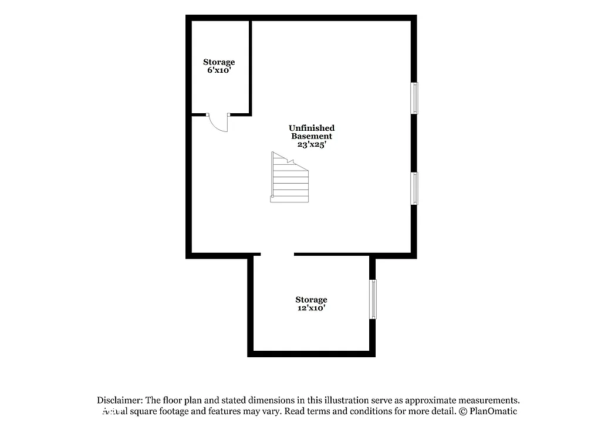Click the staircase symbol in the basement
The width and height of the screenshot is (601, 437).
(289, 178)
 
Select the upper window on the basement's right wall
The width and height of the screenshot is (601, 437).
(414, 97)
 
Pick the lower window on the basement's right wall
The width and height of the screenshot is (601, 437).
(414, 188)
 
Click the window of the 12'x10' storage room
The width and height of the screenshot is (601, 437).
(373, 299)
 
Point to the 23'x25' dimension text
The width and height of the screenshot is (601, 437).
(311, 144)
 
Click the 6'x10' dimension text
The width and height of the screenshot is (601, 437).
(219, 70)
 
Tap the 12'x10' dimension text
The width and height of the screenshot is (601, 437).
(311, 307)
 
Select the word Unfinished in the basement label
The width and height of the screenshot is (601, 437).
(312, 128)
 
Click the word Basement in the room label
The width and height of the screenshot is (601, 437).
(312, 136)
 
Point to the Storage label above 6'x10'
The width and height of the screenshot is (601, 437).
(219, 62)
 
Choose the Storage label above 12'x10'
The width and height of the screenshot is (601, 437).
(311, 299)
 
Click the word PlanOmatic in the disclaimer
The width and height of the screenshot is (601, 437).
(493, 411)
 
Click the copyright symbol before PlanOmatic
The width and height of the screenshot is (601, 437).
(462, 411)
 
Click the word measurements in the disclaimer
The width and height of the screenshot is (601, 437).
(486, 399)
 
